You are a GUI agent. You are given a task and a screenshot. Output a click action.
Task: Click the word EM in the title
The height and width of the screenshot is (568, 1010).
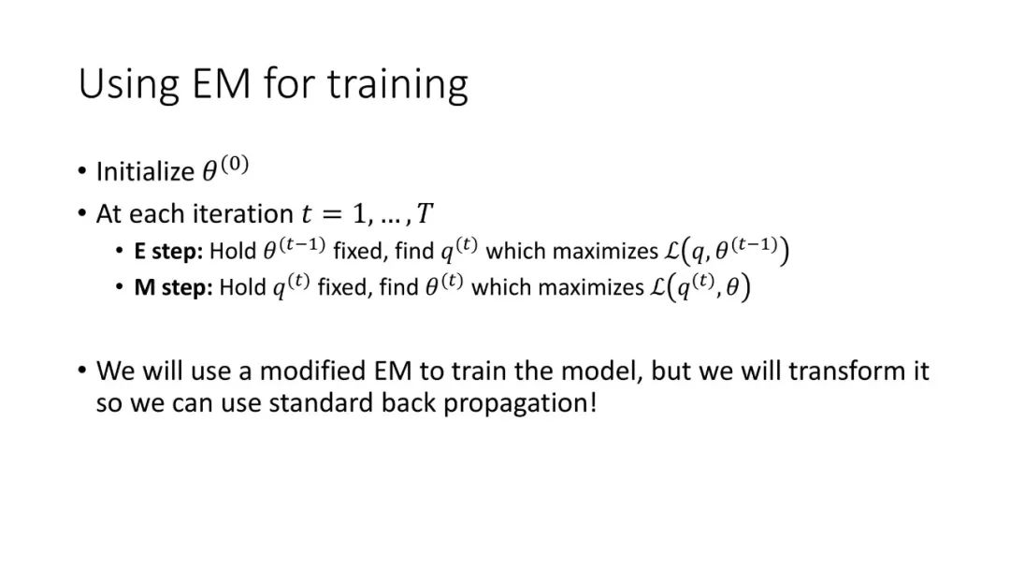(221, 83)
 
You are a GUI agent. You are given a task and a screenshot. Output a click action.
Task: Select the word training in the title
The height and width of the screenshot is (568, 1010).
(397, 85)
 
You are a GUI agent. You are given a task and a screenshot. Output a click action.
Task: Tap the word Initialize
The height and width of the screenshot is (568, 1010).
(145, 172)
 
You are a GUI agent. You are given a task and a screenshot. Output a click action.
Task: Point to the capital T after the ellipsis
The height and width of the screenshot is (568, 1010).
(425, 213)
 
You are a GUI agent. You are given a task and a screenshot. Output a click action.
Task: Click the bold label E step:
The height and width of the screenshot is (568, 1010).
(168, 252)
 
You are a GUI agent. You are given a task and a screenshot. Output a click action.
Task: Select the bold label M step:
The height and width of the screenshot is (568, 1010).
(173, 287)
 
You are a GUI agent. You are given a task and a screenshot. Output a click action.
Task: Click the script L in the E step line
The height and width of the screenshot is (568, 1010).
(672, 251)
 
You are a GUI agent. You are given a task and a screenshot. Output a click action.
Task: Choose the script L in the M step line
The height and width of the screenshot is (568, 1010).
(657, 287)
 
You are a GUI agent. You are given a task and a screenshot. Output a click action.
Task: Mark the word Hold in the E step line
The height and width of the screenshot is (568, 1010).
(233, 251)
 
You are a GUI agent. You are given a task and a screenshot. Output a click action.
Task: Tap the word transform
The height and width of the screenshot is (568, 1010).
(847, 371)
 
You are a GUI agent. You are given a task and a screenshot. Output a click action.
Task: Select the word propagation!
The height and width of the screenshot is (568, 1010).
(521, 403)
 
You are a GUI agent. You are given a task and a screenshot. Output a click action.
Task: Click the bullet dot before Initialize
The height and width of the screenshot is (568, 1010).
(81, 171)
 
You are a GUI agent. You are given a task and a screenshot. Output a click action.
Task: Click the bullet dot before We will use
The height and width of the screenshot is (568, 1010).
(81, 371)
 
